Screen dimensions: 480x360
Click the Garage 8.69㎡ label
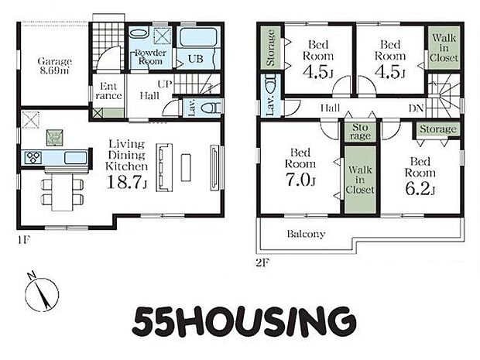[54, 66]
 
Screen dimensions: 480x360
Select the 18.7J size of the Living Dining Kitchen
[127, 182]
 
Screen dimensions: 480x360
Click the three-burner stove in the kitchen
[33, 158]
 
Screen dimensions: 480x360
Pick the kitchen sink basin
[75, 158]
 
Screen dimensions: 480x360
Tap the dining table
[63, 192]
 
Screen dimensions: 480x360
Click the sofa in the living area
[164, 167]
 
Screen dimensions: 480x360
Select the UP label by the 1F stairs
[165, 84]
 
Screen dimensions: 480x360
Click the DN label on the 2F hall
[416, 108]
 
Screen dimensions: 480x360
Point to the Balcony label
[306, 234]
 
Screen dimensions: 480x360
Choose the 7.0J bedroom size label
[300, 180]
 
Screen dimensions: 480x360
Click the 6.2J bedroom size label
[420, 189]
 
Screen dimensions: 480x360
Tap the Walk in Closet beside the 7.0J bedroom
[360, 180]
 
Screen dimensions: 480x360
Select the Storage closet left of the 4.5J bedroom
[270, 47]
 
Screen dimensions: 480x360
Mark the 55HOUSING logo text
[245, 321]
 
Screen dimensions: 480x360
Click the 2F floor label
[262, 262]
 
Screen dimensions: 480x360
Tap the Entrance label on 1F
[108, 91]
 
